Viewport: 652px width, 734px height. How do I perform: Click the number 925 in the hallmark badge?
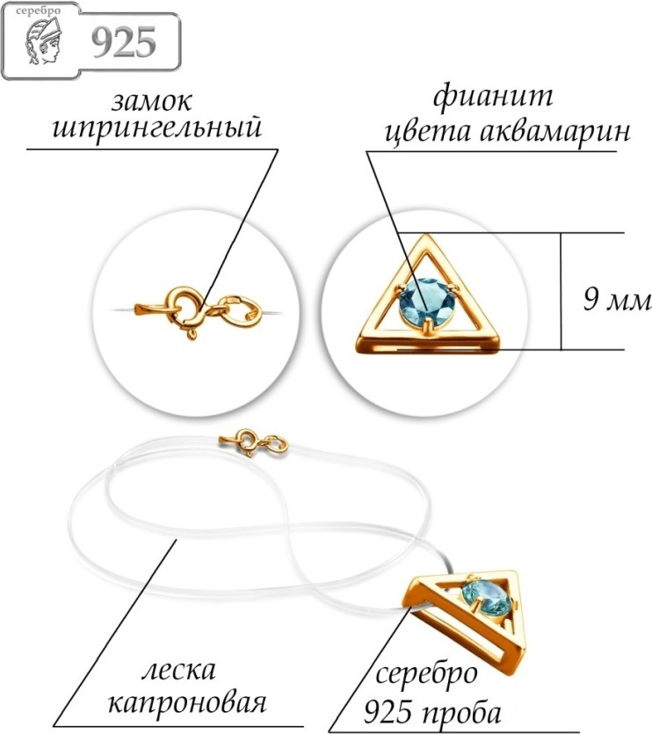click(124, 43)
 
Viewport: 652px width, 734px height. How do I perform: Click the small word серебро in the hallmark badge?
click(38, 11)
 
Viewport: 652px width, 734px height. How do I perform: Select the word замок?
click(151, 101)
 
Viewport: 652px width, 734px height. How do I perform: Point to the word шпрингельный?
click(156, 128)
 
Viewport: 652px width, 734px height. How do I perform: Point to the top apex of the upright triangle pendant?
click(424, 235)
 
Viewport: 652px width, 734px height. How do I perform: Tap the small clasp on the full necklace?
click(253, 442)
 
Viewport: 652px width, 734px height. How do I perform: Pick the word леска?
click(178, 671)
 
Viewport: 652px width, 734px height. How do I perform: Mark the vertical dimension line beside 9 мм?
click(561, 291)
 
